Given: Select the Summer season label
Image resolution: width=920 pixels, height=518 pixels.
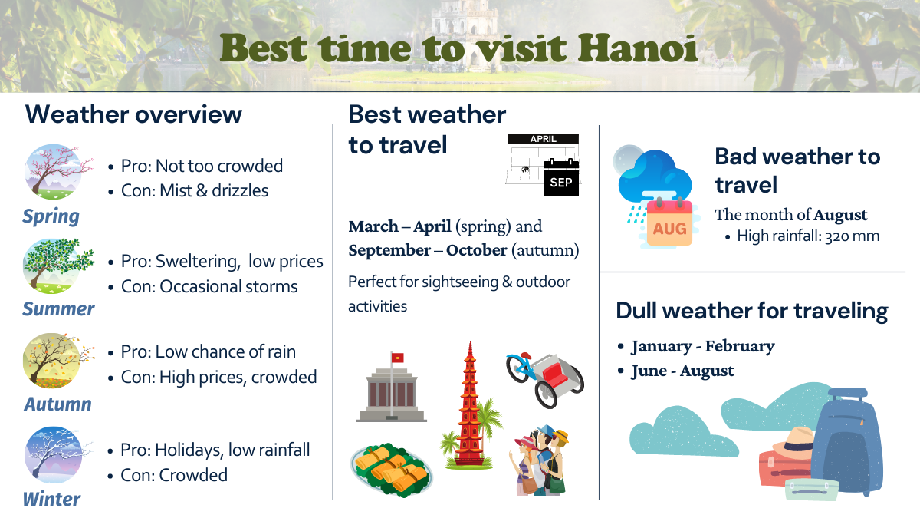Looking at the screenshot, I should point(58,308).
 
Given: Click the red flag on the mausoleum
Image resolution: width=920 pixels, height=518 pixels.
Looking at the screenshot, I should point(398,358).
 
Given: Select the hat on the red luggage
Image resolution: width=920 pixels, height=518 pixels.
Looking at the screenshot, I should point(792,441).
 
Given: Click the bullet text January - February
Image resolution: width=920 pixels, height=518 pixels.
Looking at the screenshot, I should point(702,347).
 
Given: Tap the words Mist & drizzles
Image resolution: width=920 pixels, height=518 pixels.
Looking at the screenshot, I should point(214,190).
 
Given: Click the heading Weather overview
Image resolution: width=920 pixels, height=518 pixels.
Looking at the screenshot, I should point(133,114).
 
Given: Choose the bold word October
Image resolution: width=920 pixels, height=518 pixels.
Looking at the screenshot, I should point(477,250).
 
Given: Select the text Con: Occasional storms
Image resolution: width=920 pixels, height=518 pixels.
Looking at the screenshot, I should point(209,286).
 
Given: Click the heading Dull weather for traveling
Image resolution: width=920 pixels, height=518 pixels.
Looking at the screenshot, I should point(751,311).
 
